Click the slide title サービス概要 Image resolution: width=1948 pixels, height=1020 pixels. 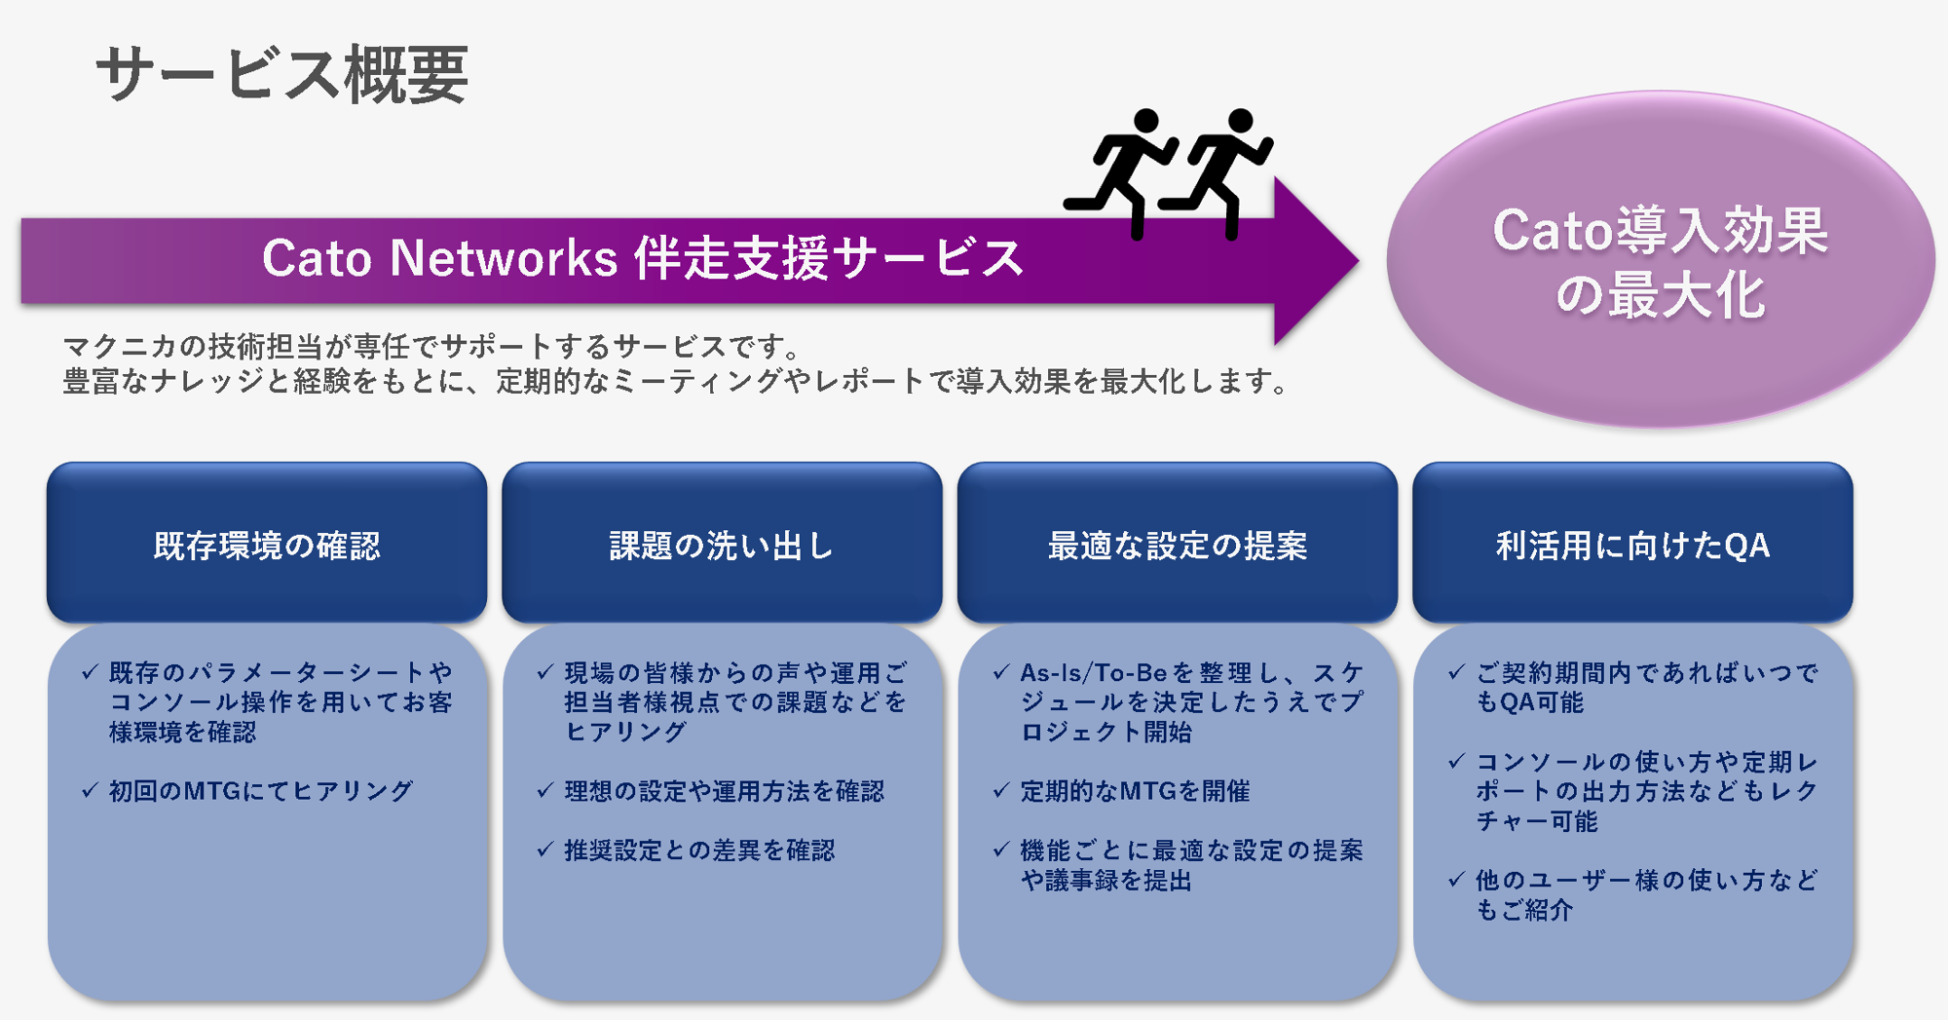tap(282, 76)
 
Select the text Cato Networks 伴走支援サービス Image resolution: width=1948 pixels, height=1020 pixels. tap(643, 259)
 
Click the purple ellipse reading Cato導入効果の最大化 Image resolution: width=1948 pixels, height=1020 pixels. tap(1660, 261)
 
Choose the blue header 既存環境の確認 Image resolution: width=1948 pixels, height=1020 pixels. tap(267, 545)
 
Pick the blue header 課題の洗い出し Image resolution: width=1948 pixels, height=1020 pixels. tap(722, 545)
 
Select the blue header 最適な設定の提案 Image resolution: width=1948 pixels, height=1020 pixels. tap(1177, 545)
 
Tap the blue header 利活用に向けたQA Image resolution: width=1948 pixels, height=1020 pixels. tap(1632, 545)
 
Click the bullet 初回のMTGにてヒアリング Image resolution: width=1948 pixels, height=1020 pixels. tap(261, 791)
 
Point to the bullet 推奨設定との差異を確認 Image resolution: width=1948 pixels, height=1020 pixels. tap(699, 850)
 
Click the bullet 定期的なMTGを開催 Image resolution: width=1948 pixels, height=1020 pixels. tap(1135, 791)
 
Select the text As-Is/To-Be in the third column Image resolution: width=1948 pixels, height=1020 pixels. tap(1093, 673)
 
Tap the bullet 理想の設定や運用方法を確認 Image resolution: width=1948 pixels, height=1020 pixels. tap(724, 791)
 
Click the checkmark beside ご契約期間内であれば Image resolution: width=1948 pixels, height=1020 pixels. tap(1457, 672)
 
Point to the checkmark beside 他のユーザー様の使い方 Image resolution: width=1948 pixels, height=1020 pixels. tap(1457, 880)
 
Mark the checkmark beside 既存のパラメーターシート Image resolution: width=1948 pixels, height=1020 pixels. tap(91, 672)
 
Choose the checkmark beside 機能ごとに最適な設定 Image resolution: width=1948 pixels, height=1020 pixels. tap(1001, 850)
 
